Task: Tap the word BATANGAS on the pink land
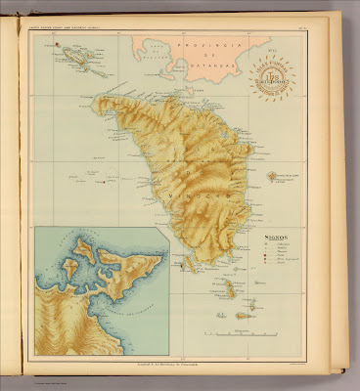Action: [227, 69]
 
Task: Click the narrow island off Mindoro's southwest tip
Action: [188, 263]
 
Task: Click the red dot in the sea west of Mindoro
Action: [101, 181]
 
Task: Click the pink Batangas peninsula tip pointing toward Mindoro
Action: [182, 77]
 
